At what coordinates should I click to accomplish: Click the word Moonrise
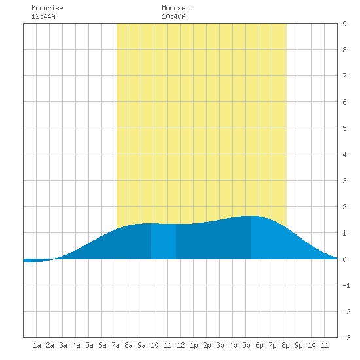click(x=47, y=8)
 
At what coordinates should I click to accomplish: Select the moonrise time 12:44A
click(x=43, y=16)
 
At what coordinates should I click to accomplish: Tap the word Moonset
click(x=175, y=8)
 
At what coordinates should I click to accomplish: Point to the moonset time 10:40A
click(x=173, y=16)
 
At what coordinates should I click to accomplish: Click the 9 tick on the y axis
click(x=344, y=24)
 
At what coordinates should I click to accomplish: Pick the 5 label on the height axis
click(x=344, y=128)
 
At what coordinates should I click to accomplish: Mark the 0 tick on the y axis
click(x=344, y=259)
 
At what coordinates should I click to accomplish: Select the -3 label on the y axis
click(x=346, y=338)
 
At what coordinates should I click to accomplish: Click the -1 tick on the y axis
click(x=346, y=285)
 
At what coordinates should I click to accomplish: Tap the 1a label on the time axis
click(x=37, y=345)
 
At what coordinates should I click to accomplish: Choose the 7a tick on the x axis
click(x=115, y=345)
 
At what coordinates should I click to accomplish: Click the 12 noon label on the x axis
click(x=181, y=345)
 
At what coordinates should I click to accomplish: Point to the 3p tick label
click(x=220, y=345)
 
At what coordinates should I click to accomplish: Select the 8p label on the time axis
click(x=285, y=345)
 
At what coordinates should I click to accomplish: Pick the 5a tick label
click(x=89, y=345)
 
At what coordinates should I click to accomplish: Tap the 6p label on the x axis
click(x=259, y=345)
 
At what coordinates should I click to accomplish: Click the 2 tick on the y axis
click(x=344, y=207)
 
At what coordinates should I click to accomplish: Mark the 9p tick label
click(x=298, y=345)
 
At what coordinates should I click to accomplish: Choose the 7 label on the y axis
click(x=344, y=76)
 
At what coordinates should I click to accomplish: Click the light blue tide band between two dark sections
click(x=164, y=241)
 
